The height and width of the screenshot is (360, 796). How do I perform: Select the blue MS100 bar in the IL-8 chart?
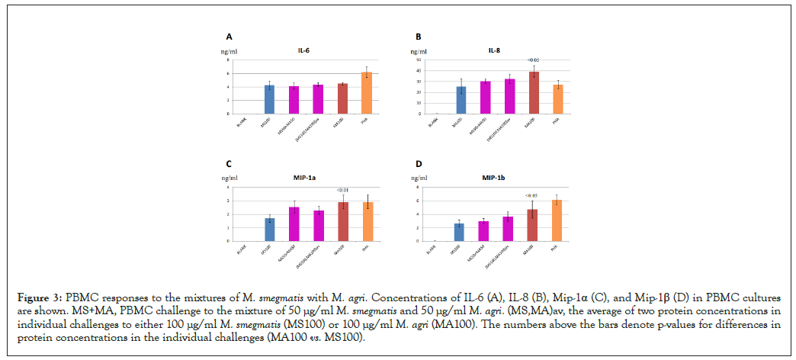[x=461, y=100]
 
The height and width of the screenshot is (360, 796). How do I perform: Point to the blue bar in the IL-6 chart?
[x=269, y=99]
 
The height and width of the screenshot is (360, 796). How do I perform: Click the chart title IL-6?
[x=304, y=51]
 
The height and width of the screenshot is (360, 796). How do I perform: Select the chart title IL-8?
[x=494, y=51]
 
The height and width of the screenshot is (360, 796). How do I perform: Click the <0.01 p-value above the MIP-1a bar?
[x=342, y=191]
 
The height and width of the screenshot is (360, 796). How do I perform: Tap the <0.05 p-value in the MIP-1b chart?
[x=533, y=196]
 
